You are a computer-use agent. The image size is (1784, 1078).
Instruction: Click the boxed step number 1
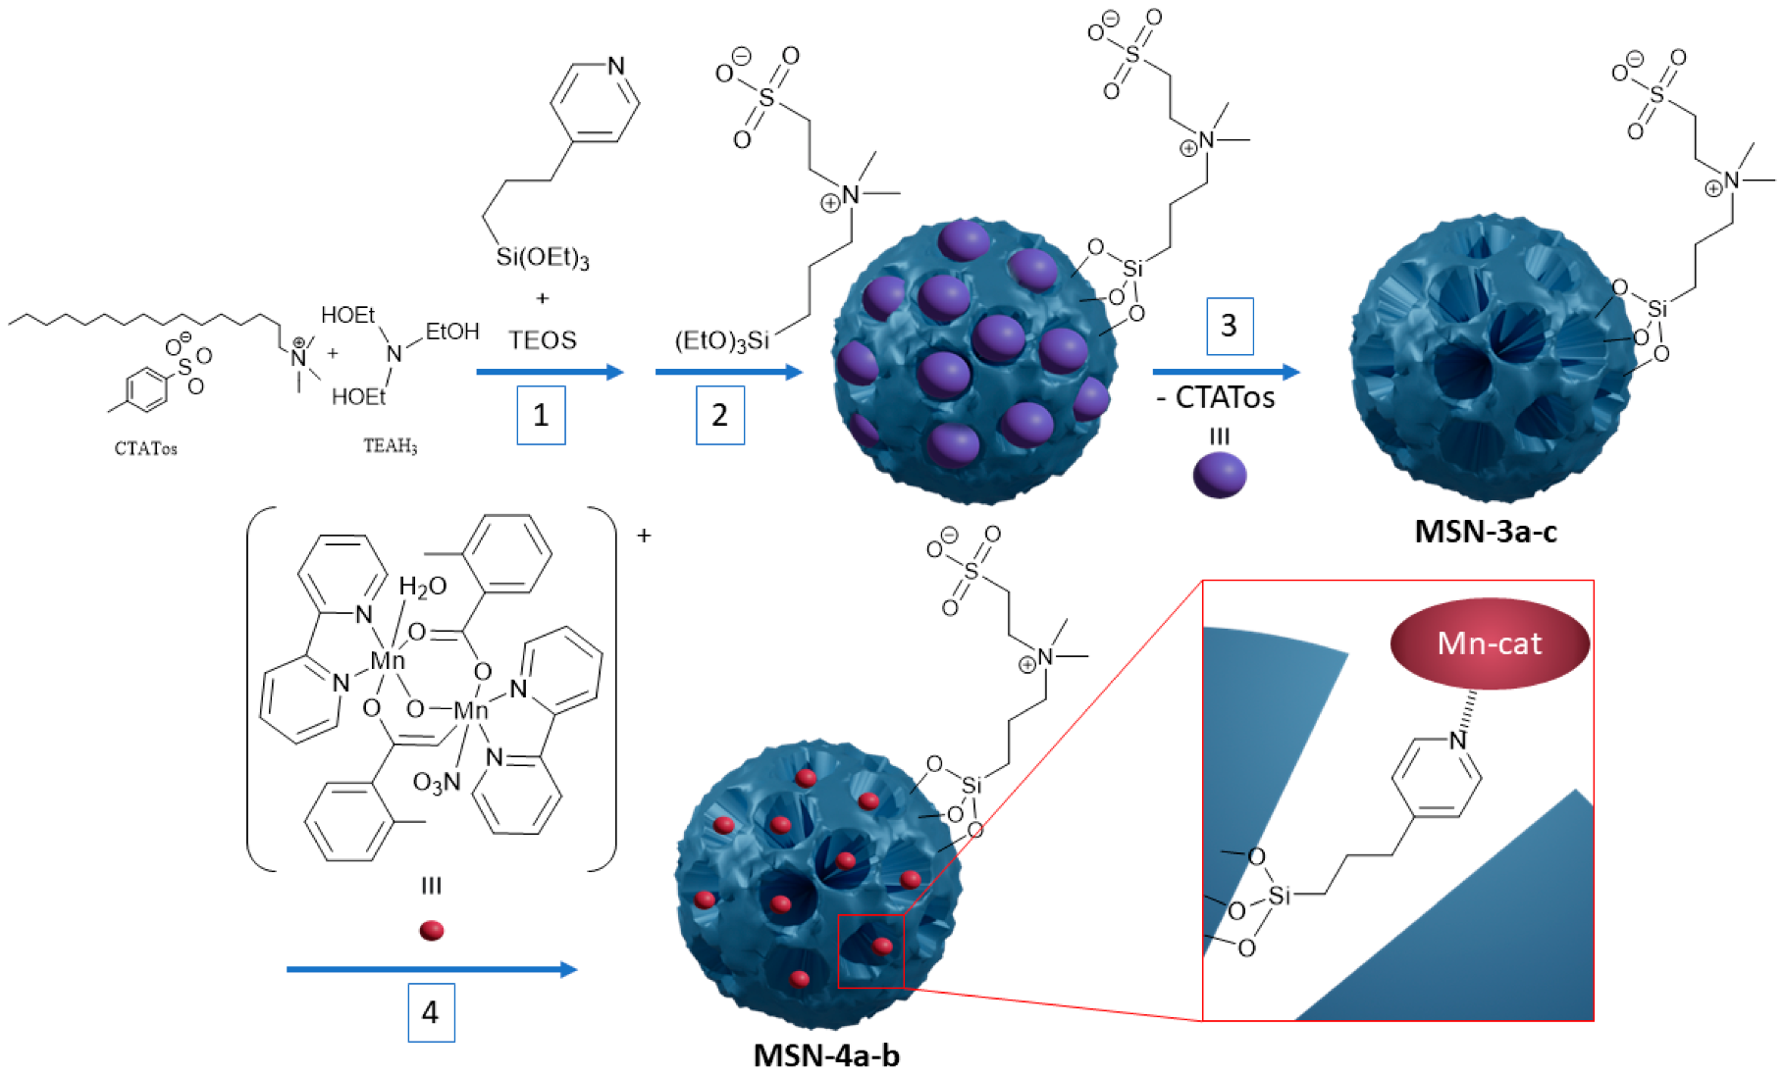[541, 415]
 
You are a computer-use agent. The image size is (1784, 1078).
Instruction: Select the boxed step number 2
[719, 415]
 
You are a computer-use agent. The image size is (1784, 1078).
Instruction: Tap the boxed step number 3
[1229, 326]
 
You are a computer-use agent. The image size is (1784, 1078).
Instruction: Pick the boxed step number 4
[431, 1012]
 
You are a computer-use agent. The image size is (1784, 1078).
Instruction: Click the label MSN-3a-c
[1485, 531]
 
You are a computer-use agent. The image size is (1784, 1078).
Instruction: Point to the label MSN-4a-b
[825, 1055]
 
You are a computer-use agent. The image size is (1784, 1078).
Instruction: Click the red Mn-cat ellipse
[1489, 643]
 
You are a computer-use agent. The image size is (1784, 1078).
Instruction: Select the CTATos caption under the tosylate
[145, 448]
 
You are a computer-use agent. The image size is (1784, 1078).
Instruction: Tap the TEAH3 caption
[390, 446]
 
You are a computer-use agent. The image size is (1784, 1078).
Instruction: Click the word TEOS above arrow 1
[542, 340]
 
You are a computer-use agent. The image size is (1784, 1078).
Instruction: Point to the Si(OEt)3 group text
[542, 257]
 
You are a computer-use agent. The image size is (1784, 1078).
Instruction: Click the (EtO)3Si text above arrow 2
[721, 340]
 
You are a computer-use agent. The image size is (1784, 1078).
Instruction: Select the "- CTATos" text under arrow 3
[1216, 397]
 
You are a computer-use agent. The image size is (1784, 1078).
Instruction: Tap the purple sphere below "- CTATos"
[1219, 475]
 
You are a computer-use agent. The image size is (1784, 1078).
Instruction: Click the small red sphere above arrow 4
[431, 930]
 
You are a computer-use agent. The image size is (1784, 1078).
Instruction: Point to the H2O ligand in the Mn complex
[422, 587]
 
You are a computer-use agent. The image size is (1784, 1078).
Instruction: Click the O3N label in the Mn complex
[436, 783]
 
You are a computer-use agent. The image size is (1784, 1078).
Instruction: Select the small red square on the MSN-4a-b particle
[869, 950]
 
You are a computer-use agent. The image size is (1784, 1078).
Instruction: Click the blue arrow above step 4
[431, 969]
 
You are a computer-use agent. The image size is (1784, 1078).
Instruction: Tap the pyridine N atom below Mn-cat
[1458, 740]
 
